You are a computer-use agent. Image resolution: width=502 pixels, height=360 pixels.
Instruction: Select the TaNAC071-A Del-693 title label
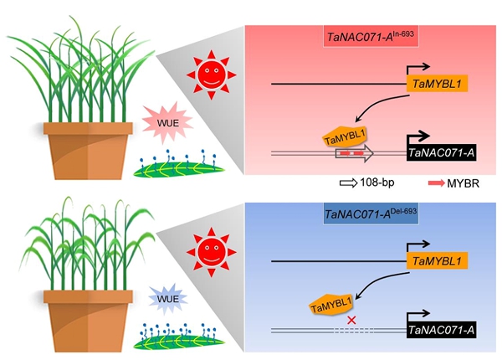point(368,214)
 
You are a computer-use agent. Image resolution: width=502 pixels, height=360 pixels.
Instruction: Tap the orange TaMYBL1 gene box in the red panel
point(437,84)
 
